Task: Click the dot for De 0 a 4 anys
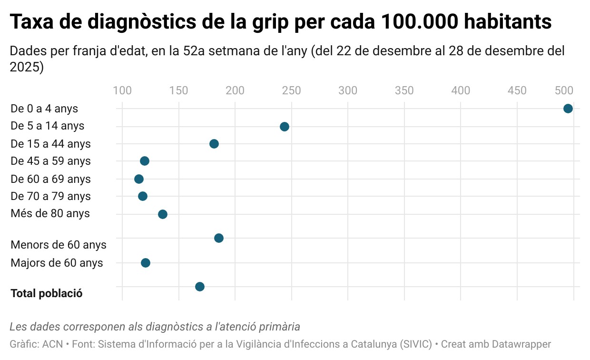pos(568,109)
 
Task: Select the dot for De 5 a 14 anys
pos(285,126)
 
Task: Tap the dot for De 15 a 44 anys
pos(214,144)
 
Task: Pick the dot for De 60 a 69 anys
pos(139,179)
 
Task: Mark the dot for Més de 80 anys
pos(163,214)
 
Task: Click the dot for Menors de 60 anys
pos(219,238)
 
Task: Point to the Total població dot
pos(200,287)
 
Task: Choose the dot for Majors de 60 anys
pos(146,263)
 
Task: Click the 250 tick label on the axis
pos(291,90)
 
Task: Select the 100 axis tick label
pos(122,90)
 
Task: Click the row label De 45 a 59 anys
pos(50,161)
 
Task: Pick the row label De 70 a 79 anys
pos(50,196)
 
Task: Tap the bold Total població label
pos(46,293)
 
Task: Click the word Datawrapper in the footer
pos(521,344)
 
